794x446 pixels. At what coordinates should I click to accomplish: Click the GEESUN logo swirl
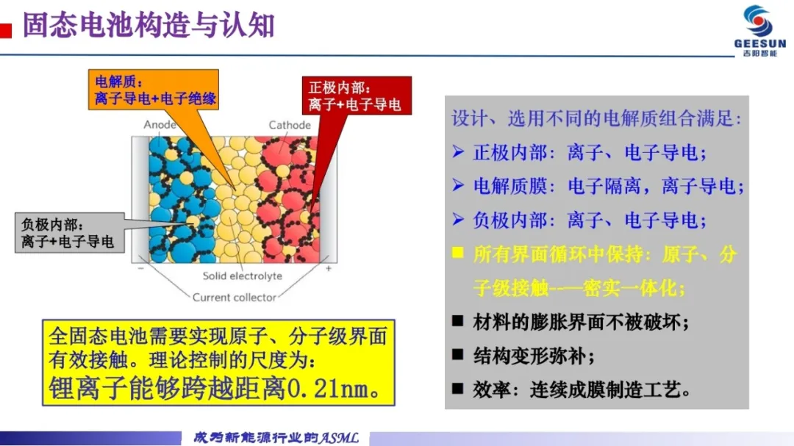pyautogui.click(x=759, y=21)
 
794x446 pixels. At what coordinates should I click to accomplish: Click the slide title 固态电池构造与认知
pyautogui.click(x=149, y=25)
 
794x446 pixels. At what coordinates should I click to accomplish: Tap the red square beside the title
pyautogui.click(x=6, y=31)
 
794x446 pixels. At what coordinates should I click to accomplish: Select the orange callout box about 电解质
pyautogui.click(x=154, y=90)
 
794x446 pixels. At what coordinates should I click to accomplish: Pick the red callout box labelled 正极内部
pyautogui.click(x=357, y=96)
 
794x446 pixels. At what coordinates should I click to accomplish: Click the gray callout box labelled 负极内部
pyautogui.click(x=69, y=233)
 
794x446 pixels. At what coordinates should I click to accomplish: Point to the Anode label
pyautogui.click(x=160, y=124)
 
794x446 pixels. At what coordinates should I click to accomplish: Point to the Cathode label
pyautogui.click(x=290, y=125)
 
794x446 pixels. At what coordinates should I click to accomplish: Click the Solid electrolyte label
pyautogui.click(x=242, y=276)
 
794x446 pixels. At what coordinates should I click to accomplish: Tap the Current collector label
pyautogui.click(x=235, y=297)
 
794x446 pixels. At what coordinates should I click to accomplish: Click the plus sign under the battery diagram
pyautogui.click(x=329, y=268)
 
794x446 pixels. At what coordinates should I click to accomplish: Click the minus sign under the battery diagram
pyautogui.click(x=140, y=267)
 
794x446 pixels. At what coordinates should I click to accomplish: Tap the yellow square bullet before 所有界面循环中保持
pyautogui.click(x=458, y=253)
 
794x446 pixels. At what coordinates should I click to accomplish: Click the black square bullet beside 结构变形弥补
pyautogui.click(x=458, y=354)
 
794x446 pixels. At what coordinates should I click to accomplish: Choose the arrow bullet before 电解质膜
pyautogui.click(x=458, y=185)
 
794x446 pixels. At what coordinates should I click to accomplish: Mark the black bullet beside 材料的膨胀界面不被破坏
pyautogui.click(x=458, y=320)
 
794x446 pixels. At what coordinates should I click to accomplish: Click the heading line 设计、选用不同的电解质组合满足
pyautogui.click(x=596, y=118)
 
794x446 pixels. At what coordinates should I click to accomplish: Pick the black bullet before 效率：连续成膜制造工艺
pyautogui.click(x=458, y=388)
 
